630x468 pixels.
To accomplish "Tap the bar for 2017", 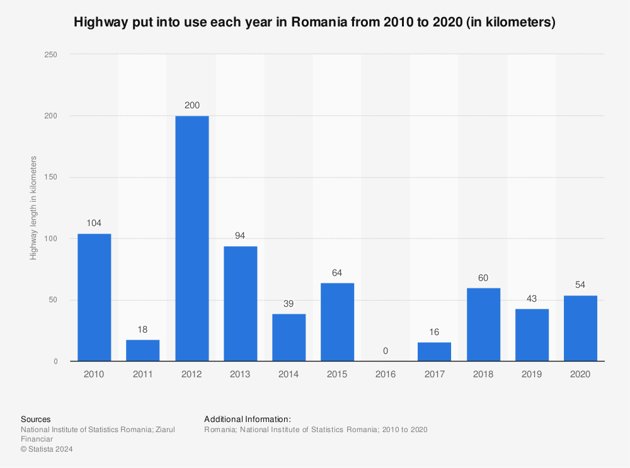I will [435, 351].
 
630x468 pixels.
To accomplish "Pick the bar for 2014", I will [289, 337].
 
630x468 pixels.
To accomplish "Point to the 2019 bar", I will [532, 334].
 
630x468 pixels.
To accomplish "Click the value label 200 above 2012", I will [192, 105].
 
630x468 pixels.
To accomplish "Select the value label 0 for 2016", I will [386, 350].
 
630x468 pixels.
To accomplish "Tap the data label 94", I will [241, 236].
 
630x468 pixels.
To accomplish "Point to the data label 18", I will [143, 329].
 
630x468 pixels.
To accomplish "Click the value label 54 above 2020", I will [581, 285].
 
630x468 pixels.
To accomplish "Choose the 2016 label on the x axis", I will [386, 374].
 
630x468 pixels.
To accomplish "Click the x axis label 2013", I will [241, 374].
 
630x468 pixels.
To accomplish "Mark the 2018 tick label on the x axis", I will [483, 374].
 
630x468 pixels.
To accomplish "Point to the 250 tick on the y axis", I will [50, 55].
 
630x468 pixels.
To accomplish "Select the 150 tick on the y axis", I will [50, 178].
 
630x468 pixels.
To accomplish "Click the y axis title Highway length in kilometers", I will [33, 208].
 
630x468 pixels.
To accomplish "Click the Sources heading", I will [36, 419].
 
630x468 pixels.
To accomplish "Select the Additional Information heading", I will [248, 419].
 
